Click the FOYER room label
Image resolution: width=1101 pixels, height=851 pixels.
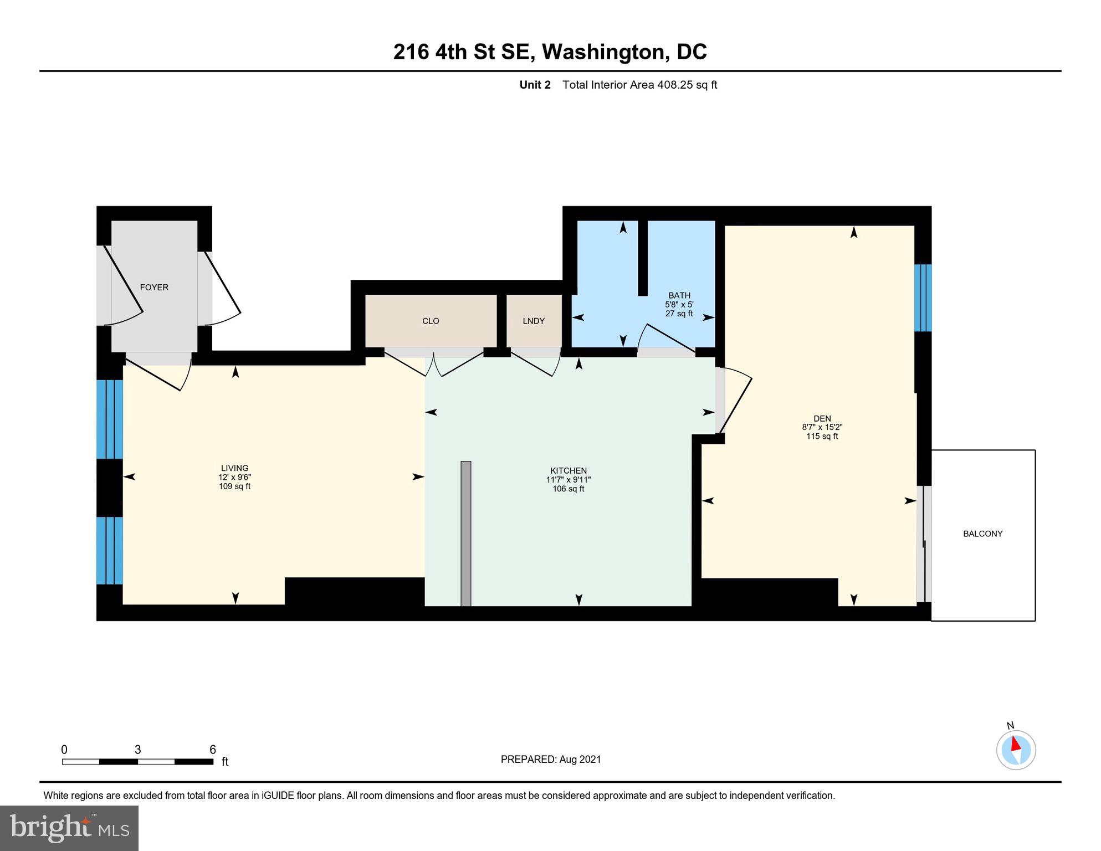(x=154, y=287)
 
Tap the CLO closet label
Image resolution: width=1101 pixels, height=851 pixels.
(x=431, y=321)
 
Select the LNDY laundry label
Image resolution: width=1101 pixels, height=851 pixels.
(x=534, y=321)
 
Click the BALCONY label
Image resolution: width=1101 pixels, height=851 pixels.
(x=982, y=534)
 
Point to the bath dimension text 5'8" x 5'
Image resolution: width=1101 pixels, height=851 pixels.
(x=679, y=304)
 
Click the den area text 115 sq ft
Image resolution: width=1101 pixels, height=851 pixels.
(x=822, y=436)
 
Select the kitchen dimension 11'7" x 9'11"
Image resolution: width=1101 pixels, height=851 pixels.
(x=568, y=480)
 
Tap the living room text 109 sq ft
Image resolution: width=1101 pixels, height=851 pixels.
(x=234, y=486)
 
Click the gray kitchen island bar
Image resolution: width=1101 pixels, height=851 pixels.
(x=466, y=533)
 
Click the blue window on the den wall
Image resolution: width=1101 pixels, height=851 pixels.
(x=923, y=298)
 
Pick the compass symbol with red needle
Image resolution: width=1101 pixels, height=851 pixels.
(x=1016, y=750)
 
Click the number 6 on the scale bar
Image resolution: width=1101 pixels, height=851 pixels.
(x=212, y=750)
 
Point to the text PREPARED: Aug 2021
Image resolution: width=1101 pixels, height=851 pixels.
(x=550, y=759)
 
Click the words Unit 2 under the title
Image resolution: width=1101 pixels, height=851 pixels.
(x=535, y=85)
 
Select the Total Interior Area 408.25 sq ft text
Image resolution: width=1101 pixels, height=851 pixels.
(x=639, y=85)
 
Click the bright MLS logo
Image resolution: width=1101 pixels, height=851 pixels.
(x=69, y=828)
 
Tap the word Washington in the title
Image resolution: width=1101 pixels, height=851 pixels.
(x=603, y=52)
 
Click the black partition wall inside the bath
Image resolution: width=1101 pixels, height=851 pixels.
(x=643, y=258)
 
